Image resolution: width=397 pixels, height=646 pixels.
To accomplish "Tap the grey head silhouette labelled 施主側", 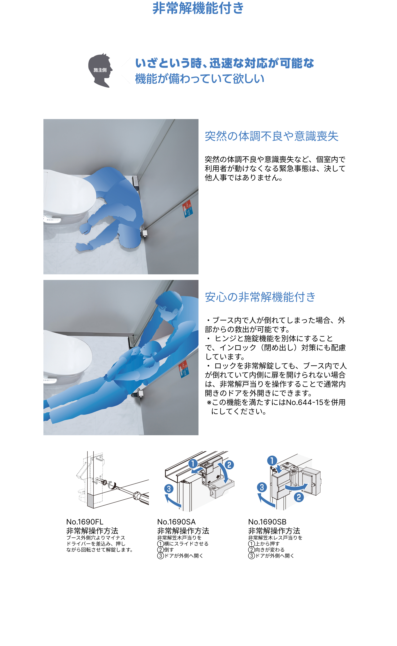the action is pos(100,70).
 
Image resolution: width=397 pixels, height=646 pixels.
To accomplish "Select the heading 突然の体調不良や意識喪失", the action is pos(271,136).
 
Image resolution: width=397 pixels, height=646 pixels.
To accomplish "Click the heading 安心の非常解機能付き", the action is pos(260,297).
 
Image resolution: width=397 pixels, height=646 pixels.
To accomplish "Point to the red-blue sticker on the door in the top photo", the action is pos(188,209).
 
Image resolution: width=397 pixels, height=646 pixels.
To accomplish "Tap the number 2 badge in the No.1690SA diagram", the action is pos(229,465).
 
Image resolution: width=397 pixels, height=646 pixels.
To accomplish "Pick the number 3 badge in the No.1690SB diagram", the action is pos(262,487).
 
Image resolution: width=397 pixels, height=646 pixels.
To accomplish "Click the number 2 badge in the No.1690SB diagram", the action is pos(299,497).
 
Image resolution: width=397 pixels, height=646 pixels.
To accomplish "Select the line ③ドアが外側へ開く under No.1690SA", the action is pos(180,556).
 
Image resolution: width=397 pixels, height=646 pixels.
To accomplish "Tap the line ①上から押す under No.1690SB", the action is pos(264,544).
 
